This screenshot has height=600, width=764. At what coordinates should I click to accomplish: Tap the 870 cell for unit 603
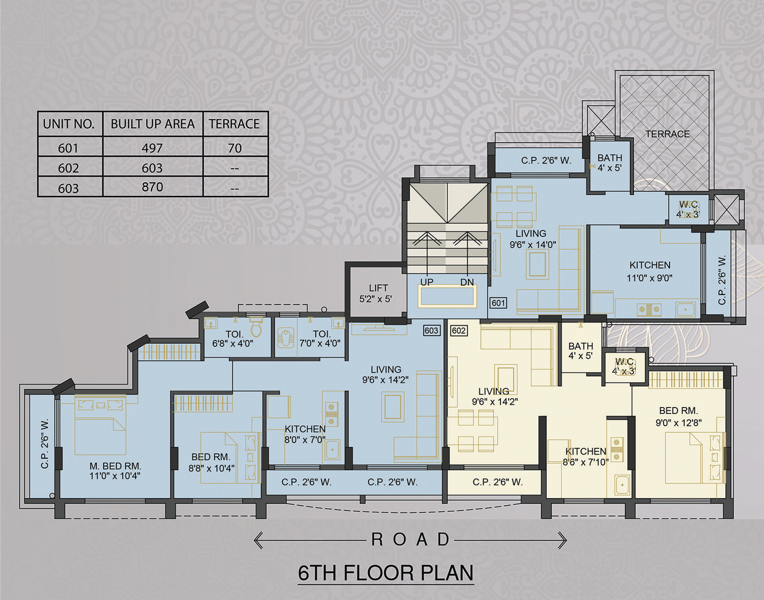(x=152, y=187)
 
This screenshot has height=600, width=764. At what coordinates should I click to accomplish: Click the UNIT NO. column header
(x=69, y=124)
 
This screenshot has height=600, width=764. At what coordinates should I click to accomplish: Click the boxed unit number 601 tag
(x=498, y=303)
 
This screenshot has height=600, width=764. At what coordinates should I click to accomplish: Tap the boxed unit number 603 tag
(x=432, y=330)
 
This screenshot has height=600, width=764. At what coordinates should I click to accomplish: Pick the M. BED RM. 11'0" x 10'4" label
(x=115, y=471)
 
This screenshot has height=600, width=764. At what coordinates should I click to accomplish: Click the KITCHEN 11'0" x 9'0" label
(x=650, y=271)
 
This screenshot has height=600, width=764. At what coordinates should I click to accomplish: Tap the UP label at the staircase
(x=427, y=282)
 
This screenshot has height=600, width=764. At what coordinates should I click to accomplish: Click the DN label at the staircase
(x=467, y=282)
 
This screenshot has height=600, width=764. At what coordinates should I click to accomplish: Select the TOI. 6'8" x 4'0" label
(x=233, y=339)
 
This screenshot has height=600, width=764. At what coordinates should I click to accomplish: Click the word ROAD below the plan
(x=410, y=540)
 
